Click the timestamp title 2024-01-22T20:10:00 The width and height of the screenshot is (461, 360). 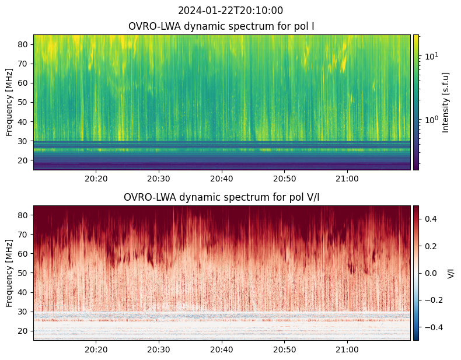coord(230,11)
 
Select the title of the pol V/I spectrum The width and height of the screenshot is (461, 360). coord(222,197)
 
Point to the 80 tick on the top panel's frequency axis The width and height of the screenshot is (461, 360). coord(25,44)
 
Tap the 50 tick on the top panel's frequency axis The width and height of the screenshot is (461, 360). coord(25,102)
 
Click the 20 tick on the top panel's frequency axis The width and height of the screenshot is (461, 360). coord(25,160)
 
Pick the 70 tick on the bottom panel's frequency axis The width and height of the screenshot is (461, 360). coord(25,235)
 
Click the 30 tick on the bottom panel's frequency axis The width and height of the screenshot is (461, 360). coord(25,312)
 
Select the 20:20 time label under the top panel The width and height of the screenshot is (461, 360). coord(96,178)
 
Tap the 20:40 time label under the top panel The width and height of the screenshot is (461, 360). coord(222,178)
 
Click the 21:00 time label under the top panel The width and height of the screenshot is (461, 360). coord(347,178)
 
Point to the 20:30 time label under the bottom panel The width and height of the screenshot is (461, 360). coord(159,348)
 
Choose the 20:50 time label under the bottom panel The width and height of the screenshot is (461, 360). coord(284,348)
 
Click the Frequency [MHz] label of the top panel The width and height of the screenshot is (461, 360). coord(9,102)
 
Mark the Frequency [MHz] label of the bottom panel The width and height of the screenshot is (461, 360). coord(9,273)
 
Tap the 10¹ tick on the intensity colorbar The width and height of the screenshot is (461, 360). coord(431,56)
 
